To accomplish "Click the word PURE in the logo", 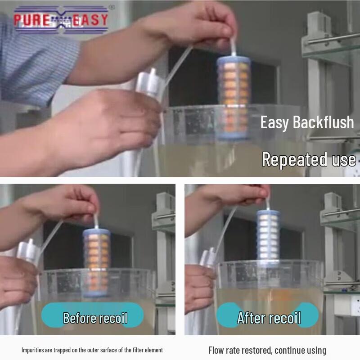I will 31,20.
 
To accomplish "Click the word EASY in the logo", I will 90,20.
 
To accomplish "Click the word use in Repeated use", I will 344,159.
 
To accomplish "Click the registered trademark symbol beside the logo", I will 112,8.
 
